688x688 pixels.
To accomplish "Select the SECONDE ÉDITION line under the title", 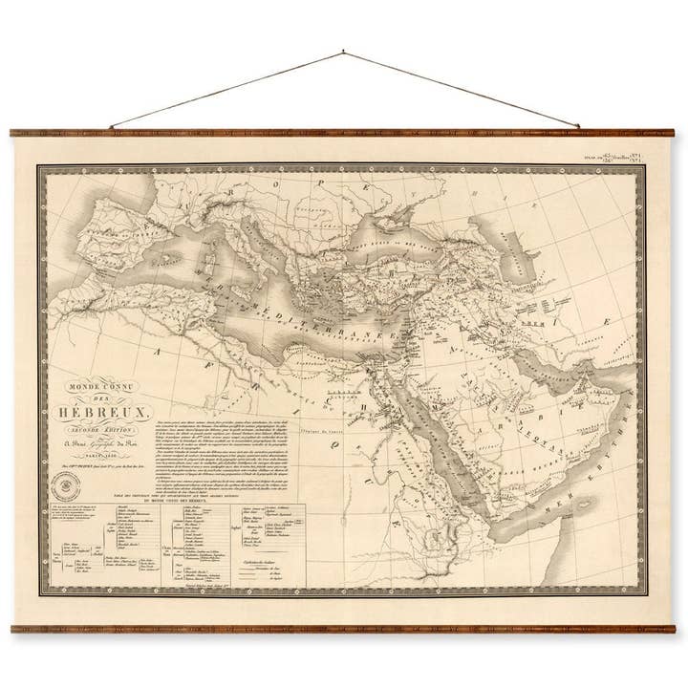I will pos(115,426).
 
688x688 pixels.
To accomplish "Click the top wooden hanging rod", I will pos(344,133).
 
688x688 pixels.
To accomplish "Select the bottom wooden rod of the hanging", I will pos(344,628).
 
